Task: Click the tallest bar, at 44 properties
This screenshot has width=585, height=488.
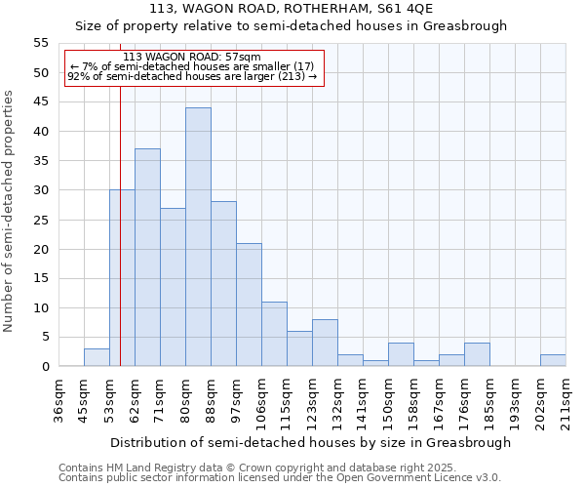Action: click(198, 237)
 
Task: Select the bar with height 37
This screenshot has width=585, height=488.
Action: click(147, 258)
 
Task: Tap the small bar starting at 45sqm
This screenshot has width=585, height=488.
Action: click(97, 357)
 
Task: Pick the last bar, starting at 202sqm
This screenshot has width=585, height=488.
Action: click(553, 360)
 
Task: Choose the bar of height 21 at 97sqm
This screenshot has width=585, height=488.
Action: click(249, 305)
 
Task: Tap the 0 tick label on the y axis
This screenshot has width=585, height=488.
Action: click(44, 367)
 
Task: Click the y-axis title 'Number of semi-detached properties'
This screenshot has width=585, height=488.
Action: click(10, 211)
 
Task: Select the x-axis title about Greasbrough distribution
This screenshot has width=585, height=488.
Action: click(310, 442)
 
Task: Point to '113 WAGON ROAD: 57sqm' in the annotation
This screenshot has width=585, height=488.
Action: click(192, 58)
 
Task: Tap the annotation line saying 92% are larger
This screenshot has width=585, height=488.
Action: click(192, 76)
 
